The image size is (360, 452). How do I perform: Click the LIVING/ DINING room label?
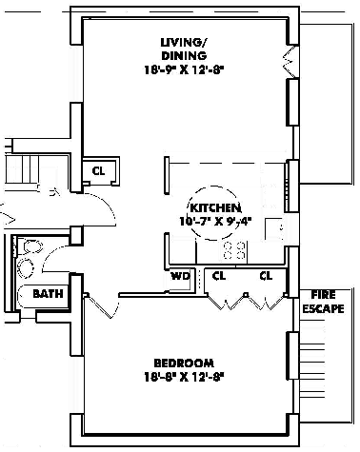[x=184, y=49]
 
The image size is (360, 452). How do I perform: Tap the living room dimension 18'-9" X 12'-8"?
[x=185, y=69]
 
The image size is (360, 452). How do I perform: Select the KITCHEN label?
[x=215, y=207]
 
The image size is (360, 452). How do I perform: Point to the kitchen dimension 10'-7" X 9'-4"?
[x=215, y=221]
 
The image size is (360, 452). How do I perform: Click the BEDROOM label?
[x=184, y=364]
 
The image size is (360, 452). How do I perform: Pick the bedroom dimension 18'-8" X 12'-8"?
[x=185, y=378]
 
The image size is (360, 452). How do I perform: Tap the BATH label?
[x=48, y=294]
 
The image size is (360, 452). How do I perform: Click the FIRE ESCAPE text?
[x=323, y=302]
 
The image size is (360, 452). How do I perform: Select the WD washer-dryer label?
[x=180, y=276]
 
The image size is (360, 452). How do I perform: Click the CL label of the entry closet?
[x=98, y=171]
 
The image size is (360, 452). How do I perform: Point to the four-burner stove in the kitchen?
[x=234, y=250]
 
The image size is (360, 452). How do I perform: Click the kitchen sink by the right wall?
[x=274, y=229]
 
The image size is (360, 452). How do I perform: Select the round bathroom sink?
[x=26, y=268]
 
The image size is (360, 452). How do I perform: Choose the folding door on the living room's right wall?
[x=290, y=61]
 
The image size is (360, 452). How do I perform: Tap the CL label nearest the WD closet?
[x=219, y=276]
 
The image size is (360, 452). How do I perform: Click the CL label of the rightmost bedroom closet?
[x=266, y=276]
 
